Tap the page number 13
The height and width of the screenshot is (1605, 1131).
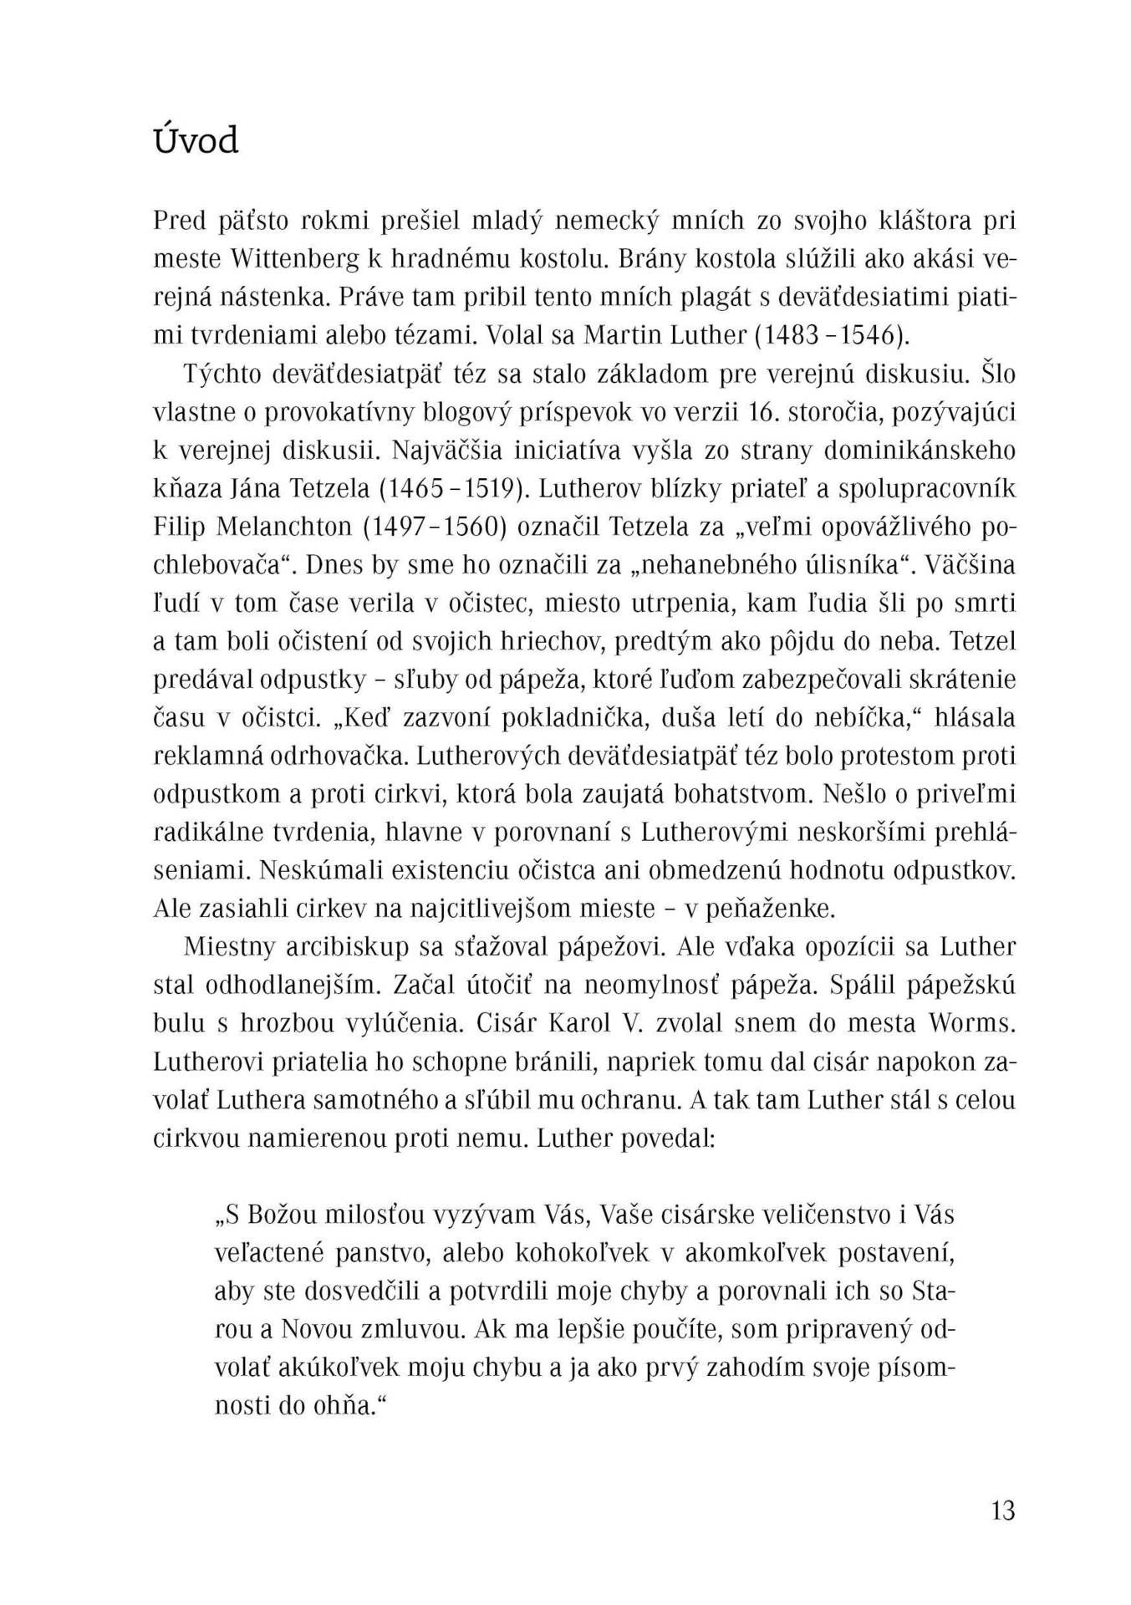[x=1002, y=1511]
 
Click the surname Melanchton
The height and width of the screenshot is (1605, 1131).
[x=276, y=527]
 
